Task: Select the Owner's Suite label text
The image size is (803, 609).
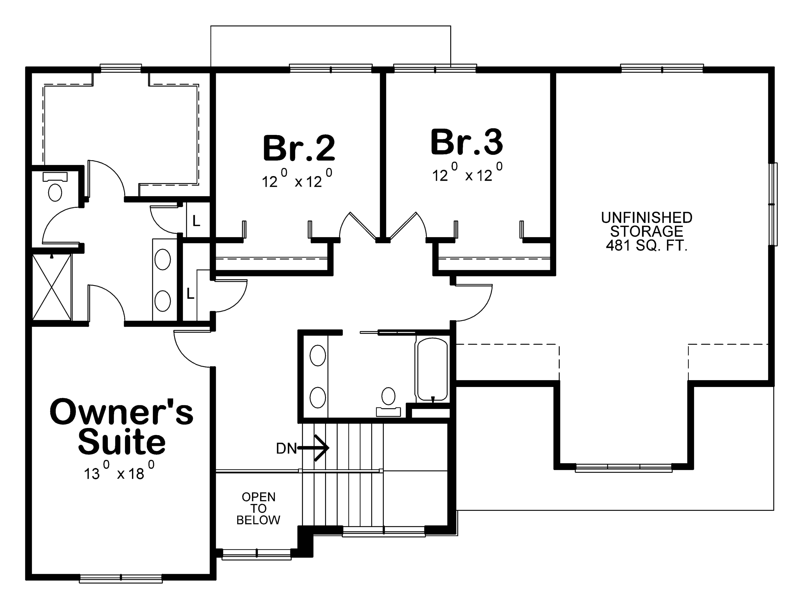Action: tap(122, 427)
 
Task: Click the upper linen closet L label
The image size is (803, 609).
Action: tap(196, 221)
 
